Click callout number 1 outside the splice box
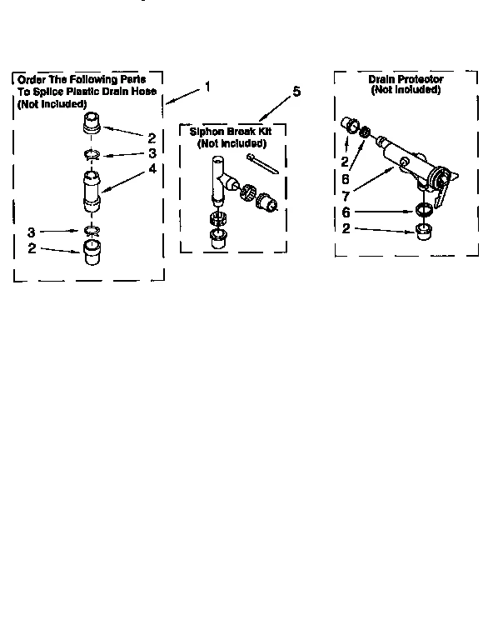(x=207, y=86)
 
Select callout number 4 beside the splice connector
(x=152, y=167)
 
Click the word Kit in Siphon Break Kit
(x=266, y=132)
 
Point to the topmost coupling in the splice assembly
(x=91, y=125)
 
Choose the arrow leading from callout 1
(x=184, y=94)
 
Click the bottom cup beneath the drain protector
(x=423, y=230)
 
